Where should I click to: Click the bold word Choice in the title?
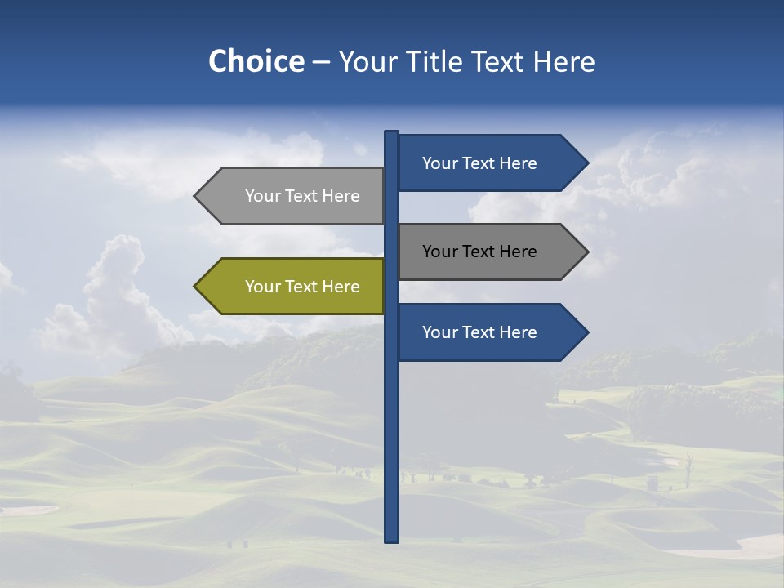[x=256, y=61]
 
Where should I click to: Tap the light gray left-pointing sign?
[x=294, y=196]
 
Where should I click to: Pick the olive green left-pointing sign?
[x=294, y=287]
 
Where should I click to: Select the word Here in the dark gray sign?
[x=518, y=252]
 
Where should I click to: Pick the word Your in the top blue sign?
[x=439, y=163]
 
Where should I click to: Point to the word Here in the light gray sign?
[x=341, y=196]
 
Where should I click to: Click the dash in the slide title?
[x=321, y=63]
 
